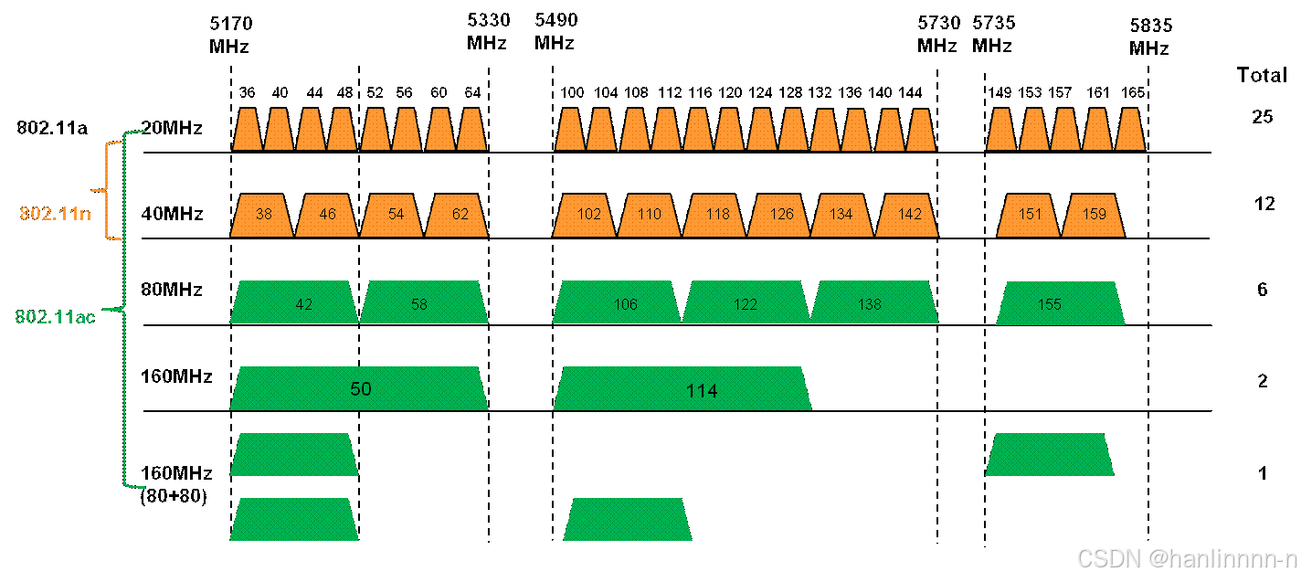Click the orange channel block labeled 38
(262, 216)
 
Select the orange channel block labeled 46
(327, 216)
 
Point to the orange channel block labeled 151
(1029, 216)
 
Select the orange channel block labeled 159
(1093, 216)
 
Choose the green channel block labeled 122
(746, 302)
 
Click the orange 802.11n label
(56, 214)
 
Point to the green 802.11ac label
(55, 317)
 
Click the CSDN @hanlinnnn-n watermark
(1185, 558)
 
